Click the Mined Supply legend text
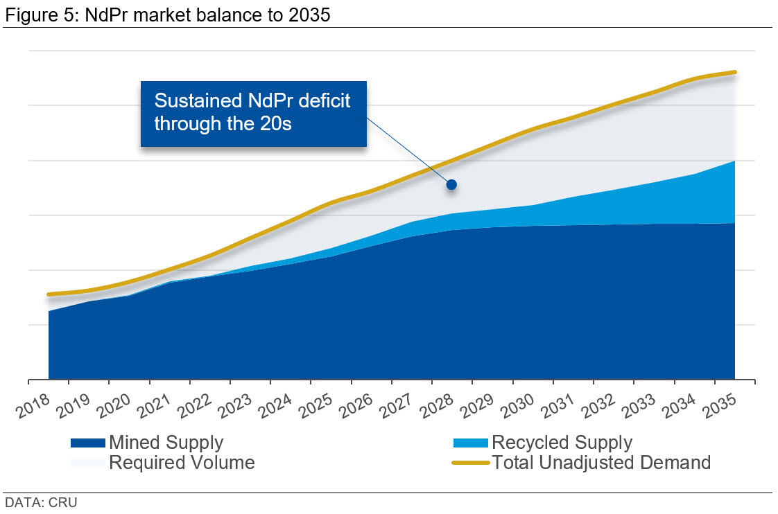point(166,443)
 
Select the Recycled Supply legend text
point(562,443)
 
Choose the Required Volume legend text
point(182,462)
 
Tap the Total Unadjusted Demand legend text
point(601,462)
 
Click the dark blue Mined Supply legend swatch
point(88,443)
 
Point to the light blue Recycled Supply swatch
point(471,443)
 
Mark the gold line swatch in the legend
point(471,462)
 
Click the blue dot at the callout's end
point(451,184)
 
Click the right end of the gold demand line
point(734,72)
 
